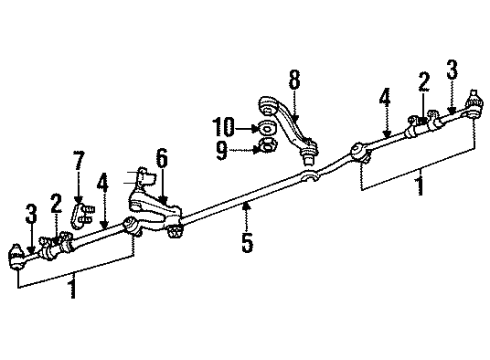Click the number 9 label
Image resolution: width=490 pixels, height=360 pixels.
pos(222,150)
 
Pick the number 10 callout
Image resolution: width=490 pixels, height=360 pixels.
pos(222,128)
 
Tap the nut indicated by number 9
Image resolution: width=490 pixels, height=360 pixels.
pos(265,149)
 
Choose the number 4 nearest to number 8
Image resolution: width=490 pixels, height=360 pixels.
pos(384,97)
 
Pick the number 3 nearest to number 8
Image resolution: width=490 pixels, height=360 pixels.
pos(452,69)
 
